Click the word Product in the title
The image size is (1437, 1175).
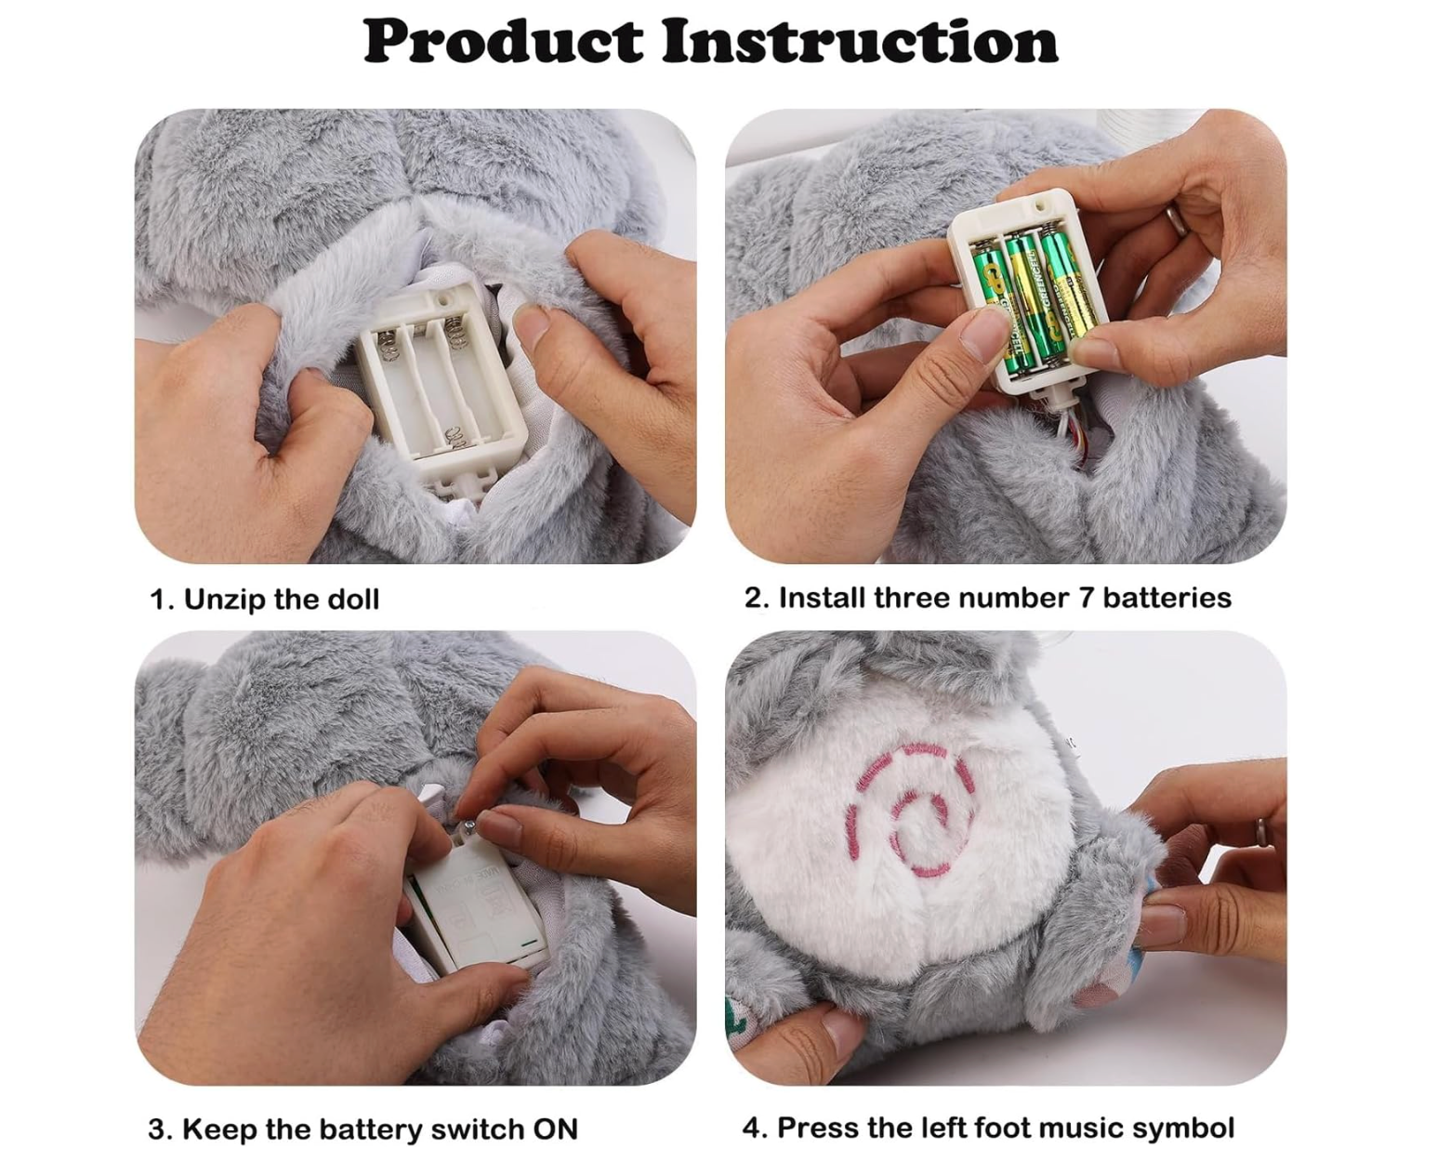tap(504, 41)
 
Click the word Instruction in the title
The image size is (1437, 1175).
tap(860, 41)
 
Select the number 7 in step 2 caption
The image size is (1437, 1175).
tap(1086, 598)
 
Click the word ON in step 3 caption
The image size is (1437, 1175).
tap(555, 1129)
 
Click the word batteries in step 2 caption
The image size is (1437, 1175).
tap(1167, 598)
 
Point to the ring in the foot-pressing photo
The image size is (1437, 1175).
tap(1260, 831)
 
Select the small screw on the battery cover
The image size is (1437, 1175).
tap(470, 826)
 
